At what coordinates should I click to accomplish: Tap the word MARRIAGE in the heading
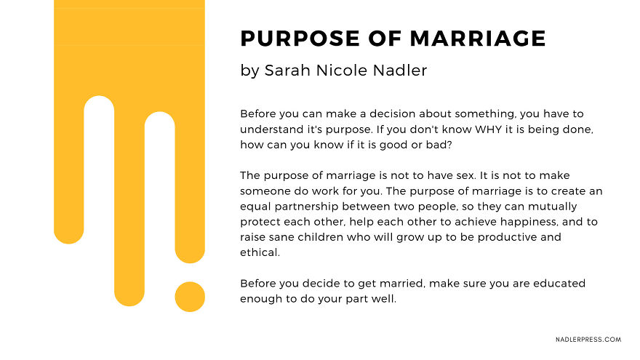[478, 39]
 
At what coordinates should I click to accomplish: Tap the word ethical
[260, 252]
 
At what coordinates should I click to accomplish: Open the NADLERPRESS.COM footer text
[588, 340]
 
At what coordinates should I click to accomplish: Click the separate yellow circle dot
[190, 297]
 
